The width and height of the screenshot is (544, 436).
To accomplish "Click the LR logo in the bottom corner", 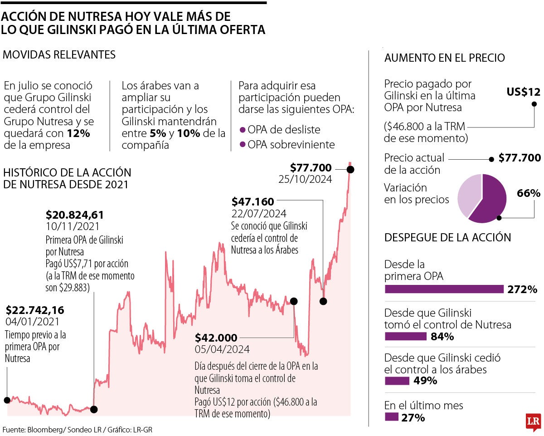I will (533, 421).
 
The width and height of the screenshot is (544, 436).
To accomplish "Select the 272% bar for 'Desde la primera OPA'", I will (444, 289).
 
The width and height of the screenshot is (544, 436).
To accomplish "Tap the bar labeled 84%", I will (405, 336).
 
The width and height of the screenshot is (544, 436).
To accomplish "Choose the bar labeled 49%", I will (397, 381).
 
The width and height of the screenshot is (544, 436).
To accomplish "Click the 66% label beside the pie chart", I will (529, 193).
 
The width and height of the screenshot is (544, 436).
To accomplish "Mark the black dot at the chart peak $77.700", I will (350, 169).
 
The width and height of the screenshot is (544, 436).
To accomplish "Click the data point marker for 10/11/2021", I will (93, 409).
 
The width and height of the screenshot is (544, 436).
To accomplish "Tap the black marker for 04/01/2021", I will (7, 400).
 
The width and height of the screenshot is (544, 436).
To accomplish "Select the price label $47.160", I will (253, 201).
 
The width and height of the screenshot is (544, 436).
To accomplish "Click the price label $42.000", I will (216, 338).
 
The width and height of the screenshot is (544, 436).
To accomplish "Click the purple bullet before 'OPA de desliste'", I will (242, 130).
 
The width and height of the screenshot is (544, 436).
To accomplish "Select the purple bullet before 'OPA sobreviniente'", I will (242, 144).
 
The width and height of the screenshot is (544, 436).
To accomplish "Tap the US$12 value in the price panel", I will (523, 92).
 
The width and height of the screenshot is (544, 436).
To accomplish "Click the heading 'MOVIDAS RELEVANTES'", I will (59, 55).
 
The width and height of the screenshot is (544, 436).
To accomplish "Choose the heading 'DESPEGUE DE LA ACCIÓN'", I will (447, 237).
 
